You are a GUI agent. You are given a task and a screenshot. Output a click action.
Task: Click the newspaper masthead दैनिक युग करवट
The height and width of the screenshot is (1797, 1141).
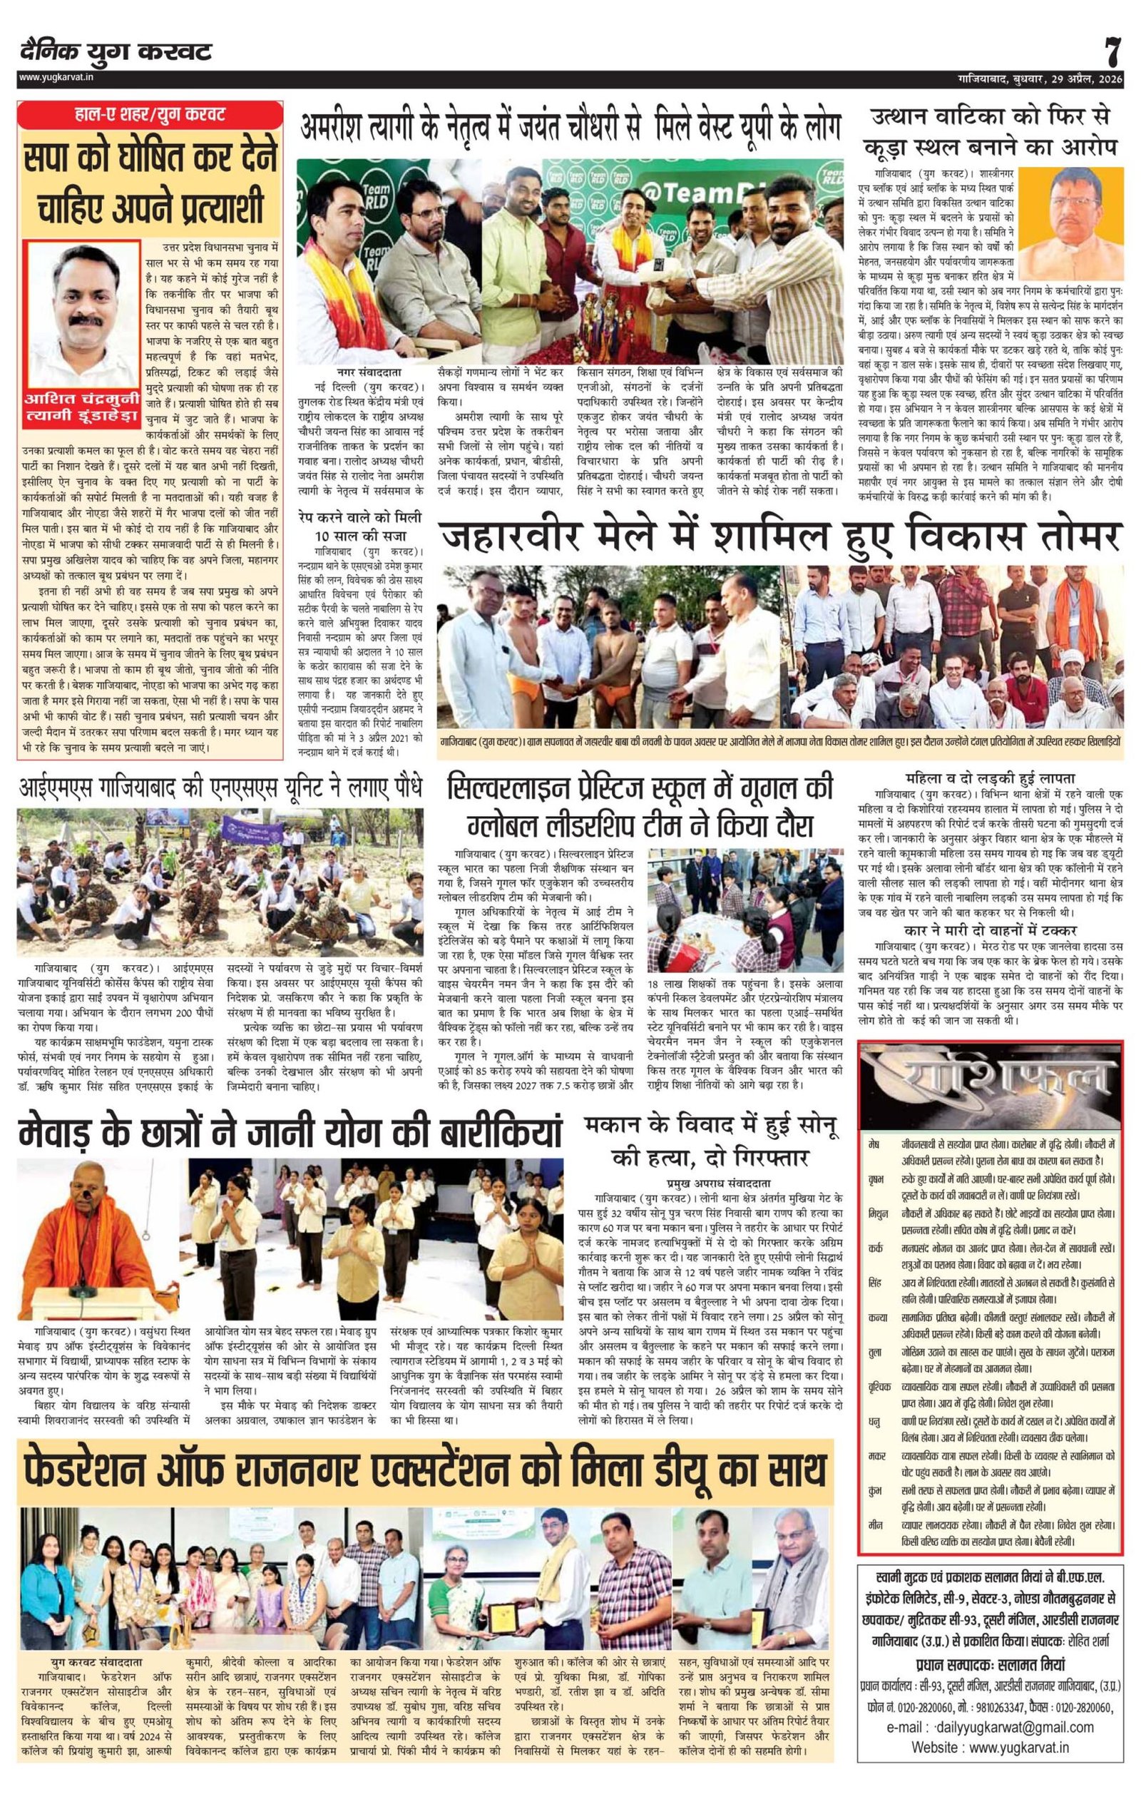pos(116,52)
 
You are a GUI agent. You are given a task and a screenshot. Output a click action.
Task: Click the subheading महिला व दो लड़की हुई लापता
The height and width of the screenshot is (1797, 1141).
pos(990,773)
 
